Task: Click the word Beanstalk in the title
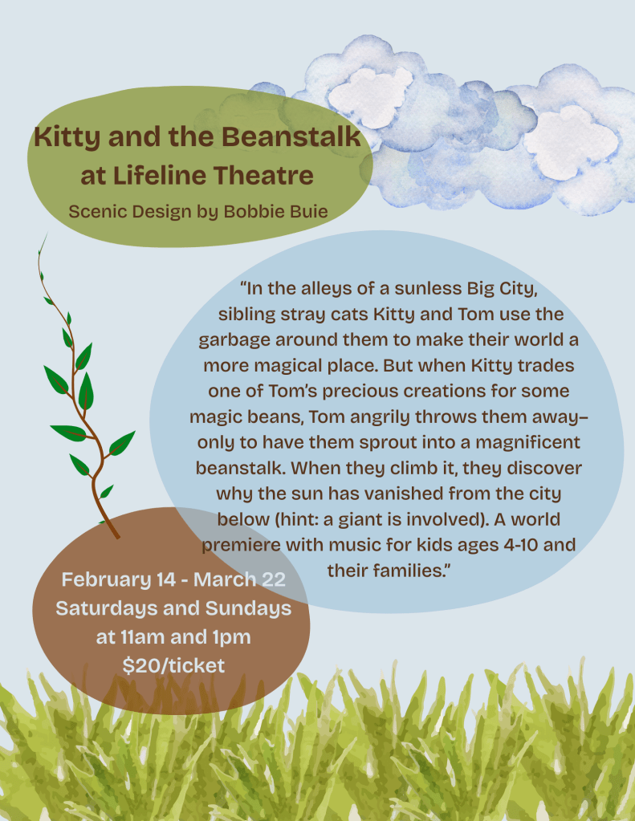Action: pyautogui.click(x=291, y=136)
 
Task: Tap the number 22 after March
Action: pyautogui.click(x=274, y=579)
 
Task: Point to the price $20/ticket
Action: pyautogui.click(x=173, y=665)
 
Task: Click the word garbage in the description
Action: pyautogui.click(x=234, y=340)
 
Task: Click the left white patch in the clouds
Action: pyautogui.click(x=370, y=97)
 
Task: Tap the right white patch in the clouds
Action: pyautogui.click(x=571, y=142)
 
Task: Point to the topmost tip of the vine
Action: pyautogui.click(x=47, y=234)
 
